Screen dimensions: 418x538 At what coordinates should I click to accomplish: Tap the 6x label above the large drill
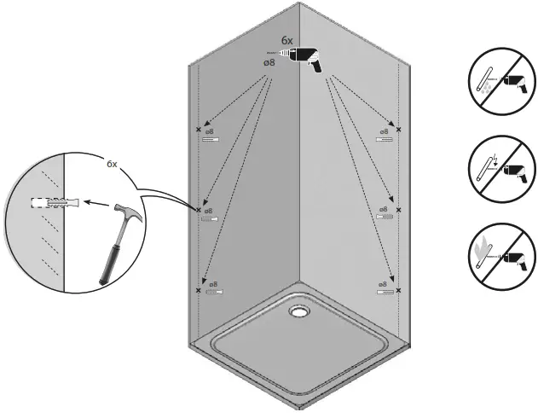tap(288, 40)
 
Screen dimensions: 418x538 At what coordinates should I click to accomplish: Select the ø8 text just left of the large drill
tap(269, 62)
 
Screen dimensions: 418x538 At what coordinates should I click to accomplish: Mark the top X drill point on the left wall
tap(200, 130)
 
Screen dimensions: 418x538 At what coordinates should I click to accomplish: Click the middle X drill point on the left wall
tap(199, 210)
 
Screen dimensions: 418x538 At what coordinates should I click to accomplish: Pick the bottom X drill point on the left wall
tap(199, 291)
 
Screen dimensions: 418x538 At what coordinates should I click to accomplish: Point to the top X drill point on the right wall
tap(398, 130)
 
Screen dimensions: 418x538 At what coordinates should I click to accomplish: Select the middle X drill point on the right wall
tap(398, 210)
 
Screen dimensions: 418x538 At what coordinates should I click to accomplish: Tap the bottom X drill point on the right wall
tap(398, 291)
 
